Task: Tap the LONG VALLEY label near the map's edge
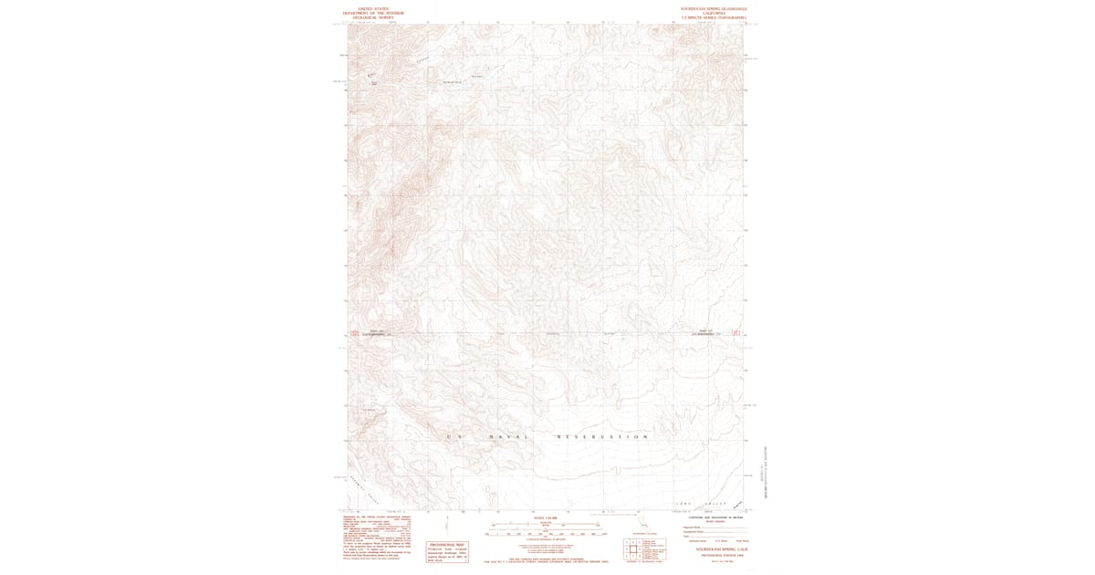click(693, 503)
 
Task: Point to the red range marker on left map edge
click(343, 334)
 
